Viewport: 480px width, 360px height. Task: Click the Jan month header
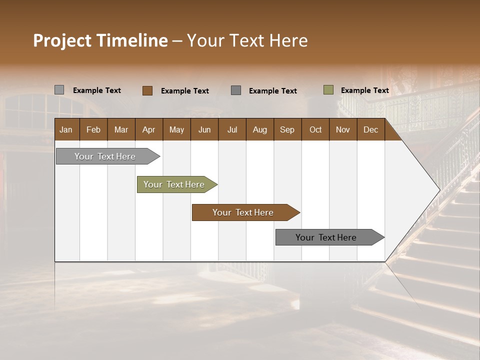click(66, 130)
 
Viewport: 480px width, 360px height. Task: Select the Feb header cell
click(93, 130)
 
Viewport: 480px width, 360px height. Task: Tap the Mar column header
click(121, 130)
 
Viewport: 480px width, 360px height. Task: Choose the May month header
click(176, 130)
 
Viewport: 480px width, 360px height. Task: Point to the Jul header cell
click(232, 130)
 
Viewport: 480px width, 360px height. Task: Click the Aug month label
click(259, 130)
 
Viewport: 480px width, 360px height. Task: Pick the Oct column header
click(315, 130)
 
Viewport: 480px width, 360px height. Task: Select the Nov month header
click(343, 130)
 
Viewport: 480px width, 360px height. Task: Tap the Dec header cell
click(370, 130)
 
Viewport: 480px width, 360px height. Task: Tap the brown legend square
click(147, 90)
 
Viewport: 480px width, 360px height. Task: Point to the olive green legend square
click(328, 90)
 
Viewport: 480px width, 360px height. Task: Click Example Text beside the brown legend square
click(185, 91)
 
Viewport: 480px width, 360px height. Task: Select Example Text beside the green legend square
click(364, 90)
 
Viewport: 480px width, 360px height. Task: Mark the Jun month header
click(204, 130)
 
